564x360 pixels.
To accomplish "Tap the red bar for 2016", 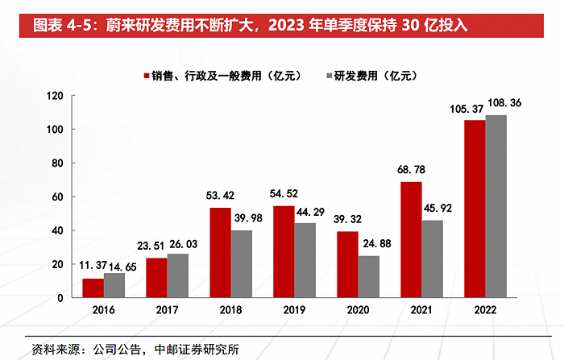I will pos(93,288).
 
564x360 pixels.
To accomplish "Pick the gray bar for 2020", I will pos(369,276).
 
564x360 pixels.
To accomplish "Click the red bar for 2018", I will pos(220,252).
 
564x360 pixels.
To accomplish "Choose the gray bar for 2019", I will pos(305,260).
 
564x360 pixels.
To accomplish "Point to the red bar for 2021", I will pos(411,239).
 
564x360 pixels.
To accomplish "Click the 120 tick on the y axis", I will pos(55,96).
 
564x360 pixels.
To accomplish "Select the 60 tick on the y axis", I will pos(57,197).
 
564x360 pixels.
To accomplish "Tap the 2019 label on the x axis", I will pos(294,310).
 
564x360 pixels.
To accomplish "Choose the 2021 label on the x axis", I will pos(421,310).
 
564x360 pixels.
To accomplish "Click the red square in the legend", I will pos(147,76).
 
